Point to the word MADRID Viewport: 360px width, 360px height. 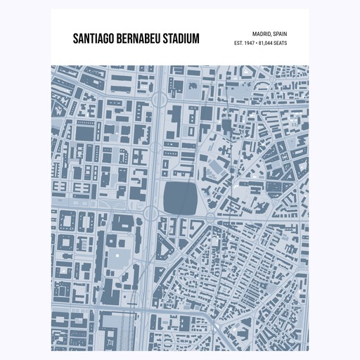point(255,33)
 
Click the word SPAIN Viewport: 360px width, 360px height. point(278,33)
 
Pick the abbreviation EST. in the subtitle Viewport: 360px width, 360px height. point(240,44)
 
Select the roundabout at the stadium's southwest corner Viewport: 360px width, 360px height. point(151,213)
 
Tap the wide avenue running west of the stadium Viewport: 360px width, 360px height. point(156,176)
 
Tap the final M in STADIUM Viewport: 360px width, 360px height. point(196,38)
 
